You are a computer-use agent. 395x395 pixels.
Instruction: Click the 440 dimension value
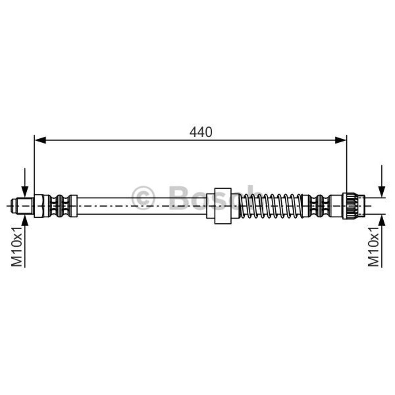[201, 132]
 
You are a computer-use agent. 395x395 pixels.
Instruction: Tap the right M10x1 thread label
[373, 246]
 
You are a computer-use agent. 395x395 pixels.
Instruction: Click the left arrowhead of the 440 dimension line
[40, 140]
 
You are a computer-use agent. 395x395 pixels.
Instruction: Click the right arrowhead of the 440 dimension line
[341, 140]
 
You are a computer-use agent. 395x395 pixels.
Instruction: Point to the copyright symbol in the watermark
[143, 198]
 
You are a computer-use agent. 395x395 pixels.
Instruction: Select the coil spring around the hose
[271, 206]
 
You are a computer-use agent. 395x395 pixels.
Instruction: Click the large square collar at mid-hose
[223, 206]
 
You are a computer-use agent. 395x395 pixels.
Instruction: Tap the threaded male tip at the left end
[22, 206]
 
